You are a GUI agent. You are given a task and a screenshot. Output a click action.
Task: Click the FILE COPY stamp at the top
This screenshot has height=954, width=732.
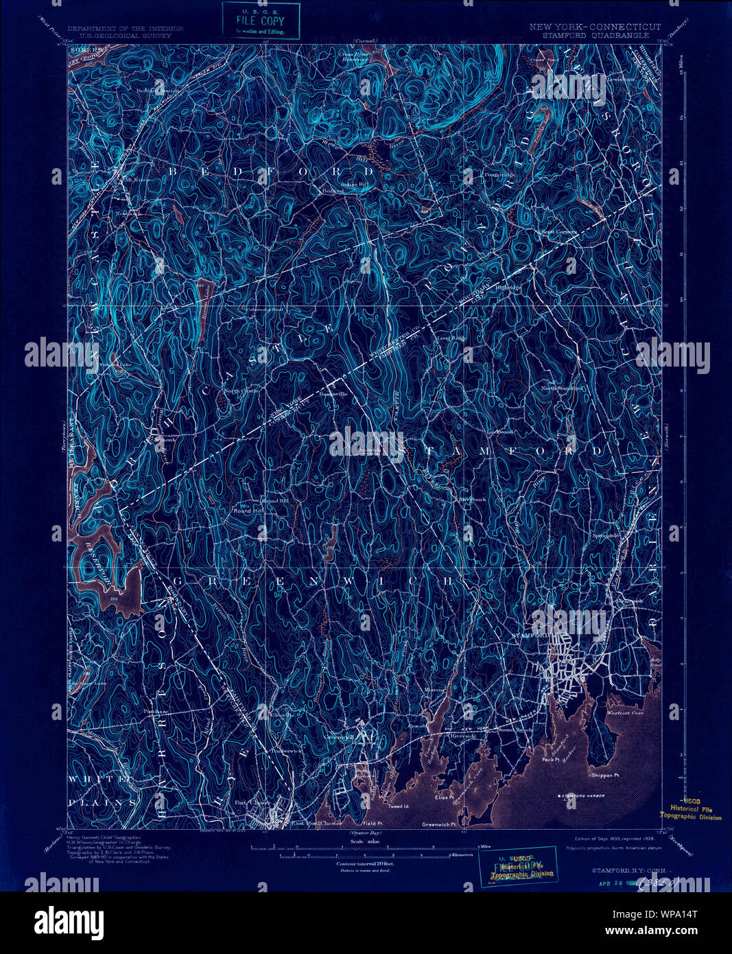(x=261, y=21)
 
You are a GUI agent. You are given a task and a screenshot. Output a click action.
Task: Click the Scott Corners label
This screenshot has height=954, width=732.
(x=557, y=232)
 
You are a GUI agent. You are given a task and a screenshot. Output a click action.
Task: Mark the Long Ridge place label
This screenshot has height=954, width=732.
(x=451, y=338)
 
